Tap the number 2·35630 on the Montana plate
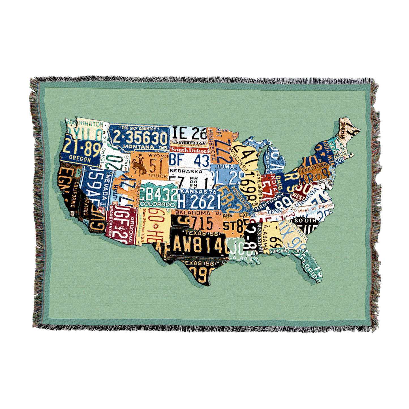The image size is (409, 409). [x=140, y=138]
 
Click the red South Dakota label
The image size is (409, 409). [x=190, y=150]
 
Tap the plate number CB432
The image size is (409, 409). [x=159, y=194]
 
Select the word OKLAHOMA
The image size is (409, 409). [x=193, y=213]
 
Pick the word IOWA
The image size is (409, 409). [x=226, y=167]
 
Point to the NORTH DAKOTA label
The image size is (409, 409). [x=189, y=143]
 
